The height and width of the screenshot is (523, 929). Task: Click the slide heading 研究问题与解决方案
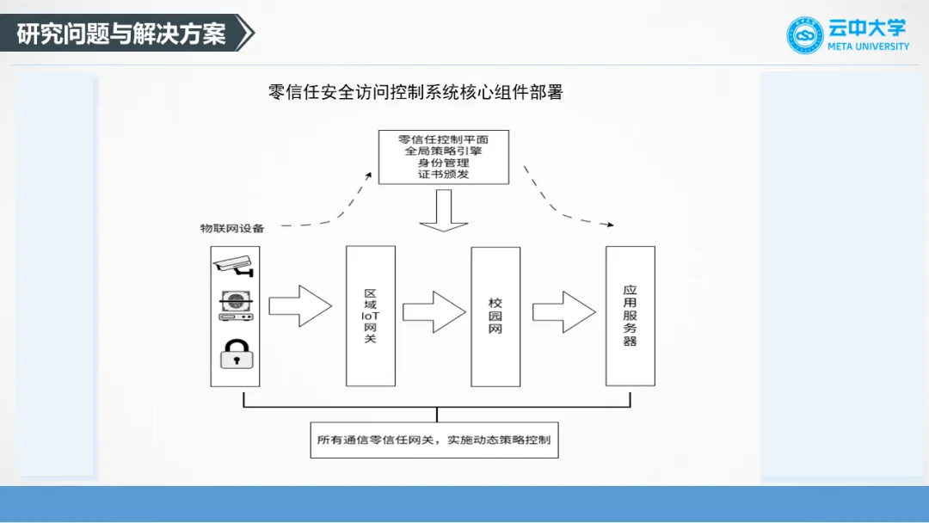(121, 34)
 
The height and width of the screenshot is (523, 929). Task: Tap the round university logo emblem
(805, 35)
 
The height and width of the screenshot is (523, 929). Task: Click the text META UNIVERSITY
(868, 46)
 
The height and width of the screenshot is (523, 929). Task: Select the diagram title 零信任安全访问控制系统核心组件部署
(415, 92)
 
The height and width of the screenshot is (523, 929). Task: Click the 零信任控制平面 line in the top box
(443, 138)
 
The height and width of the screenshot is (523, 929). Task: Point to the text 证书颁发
(443, 175)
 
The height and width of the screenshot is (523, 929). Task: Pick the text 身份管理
(443, 163)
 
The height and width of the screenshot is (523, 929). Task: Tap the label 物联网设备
(232, 228)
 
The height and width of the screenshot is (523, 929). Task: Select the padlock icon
(235, 354)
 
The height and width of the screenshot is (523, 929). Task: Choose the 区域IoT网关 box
(371, 316)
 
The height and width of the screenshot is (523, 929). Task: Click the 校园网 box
(495, 316)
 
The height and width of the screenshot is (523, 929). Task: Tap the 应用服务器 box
(630, 316)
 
